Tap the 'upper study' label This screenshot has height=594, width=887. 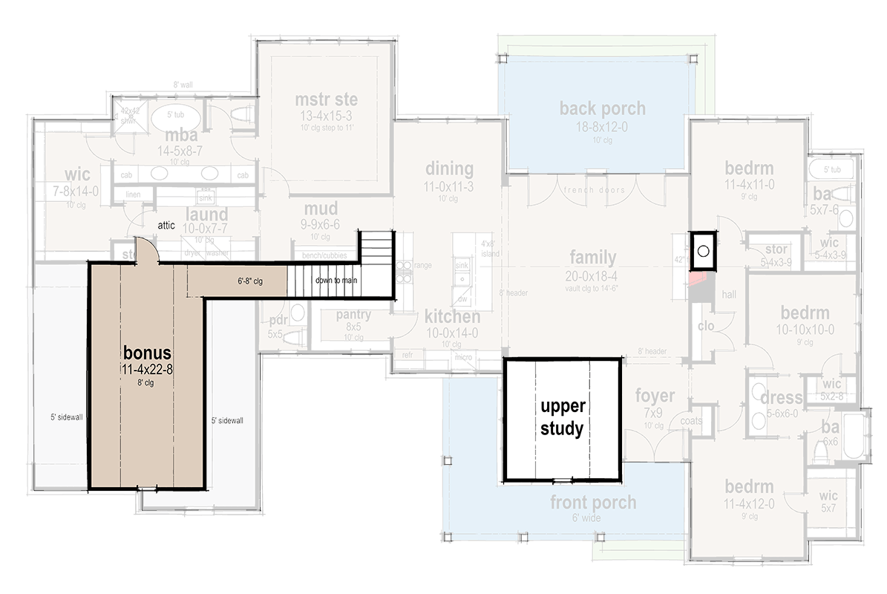coord(562,417)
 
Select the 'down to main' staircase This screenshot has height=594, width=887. coord(338,280)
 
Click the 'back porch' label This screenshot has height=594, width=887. coord(602,108)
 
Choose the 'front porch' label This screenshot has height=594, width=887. coord(592,503)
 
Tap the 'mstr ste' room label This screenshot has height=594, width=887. coord(326,100)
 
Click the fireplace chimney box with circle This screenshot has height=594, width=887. coord(702,251)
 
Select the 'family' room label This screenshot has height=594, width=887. coord(592,258)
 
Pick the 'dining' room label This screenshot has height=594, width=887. coord(449,168)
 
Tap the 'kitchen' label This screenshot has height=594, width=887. coord(451,317)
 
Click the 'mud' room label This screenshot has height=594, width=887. coord(321,209)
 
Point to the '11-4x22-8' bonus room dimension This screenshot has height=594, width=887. coord(147,369)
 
